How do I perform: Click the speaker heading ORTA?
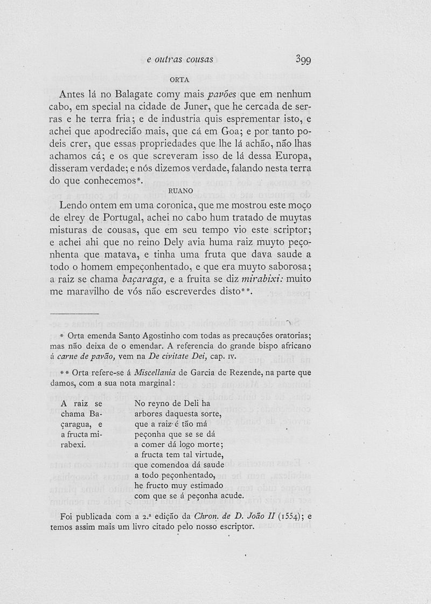179,80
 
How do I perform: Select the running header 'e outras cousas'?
180,59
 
